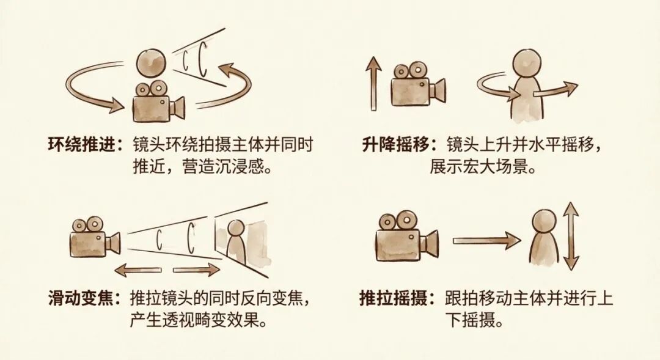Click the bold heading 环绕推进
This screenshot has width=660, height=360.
(x=81, y=145)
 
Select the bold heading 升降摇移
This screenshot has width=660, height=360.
(x=395, y=145)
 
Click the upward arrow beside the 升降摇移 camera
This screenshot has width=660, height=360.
(x=373, y=84)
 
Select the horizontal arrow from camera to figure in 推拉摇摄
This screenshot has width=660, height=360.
(x=486, y=240)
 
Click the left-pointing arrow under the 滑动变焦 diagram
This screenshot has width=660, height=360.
(x=138, y=270)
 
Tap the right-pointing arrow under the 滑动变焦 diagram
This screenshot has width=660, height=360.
(x=197, y=270)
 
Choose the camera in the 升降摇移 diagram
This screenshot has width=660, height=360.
(x=418, y=84)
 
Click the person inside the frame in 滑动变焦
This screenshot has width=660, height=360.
(x=236, y=241)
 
